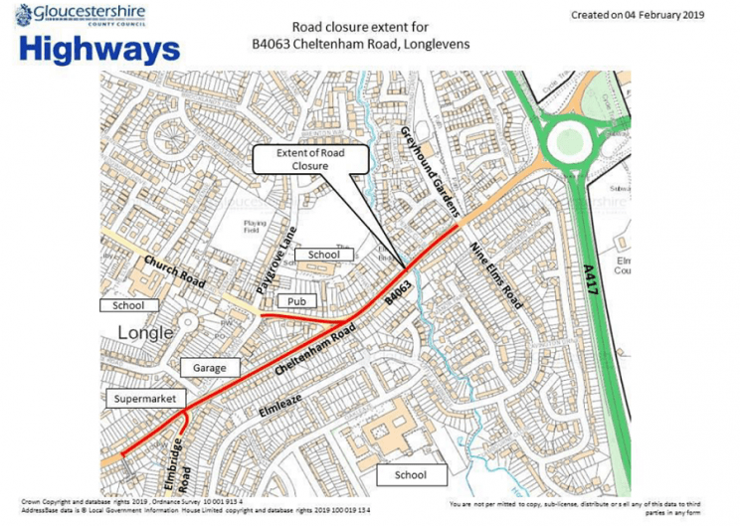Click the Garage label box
[x=210, y=367]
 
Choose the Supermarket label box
[x=145, y=399]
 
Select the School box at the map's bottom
[x=410, y=475]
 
